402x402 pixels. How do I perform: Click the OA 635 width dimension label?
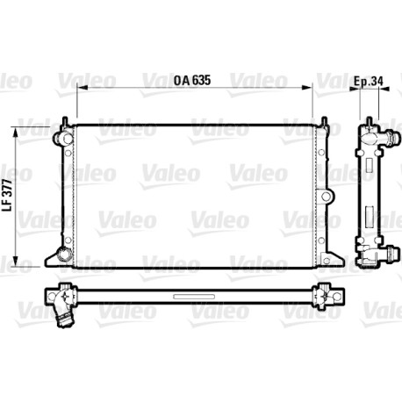point(192,80)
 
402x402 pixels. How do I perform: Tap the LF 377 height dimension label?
point(8,195)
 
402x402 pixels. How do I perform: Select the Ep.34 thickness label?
point(369,81)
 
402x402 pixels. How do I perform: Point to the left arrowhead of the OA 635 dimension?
point(81,87)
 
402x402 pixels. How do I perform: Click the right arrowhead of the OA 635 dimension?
point(307,87)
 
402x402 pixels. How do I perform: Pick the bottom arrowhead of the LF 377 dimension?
point(16,262)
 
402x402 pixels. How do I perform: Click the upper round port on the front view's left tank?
point(62,138)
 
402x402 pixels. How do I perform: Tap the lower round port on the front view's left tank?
point(64,254)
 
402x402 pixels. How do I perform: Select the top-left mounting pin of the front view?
point(65,121)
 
